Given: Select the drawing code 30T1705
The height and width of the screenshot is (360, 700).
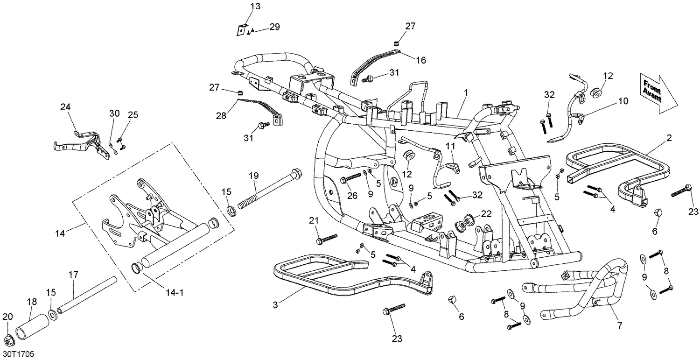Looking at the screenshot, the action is (x=19, y=354).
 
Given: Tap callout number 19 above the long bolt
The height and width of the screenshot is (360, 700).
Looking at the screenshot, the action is (x=254, y=176).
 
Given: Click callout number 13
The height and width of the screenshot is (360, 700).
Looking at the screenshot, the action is (x=255, y=6).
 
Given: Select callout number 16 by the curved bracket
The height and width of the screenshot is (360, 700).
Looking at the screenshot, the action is (x=421, y=60).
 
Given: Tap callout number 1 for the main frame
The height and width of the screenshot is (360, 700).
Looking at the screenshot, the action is (x=466, y=93).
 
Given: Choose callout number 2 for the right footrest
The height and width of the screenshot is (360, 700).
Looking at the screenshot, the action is (x=669, y=138).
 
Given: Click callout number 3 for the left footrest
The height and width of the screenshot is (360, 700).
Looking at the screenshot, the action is (x=275, y=305).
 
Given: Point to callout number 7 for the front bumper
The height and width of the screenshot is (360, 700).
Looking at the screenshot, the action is (x=620, y=325).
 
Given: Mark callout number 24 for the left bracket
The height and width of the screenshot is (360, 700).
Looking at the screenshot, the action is (x=65, y=107).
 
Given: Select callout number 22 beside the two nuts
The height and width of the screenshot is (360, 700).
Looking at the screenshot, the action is (x=486, y=214).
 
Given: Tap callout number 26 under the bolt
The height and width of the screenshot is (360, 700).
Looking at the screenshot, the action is (x=352, y=196).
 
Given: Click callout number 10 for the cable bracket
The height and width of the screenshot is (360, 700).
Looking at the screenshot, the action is (x=623, y=101).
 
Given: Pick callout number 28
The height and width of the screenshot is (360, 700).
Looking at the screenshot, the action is (x=221, y=116).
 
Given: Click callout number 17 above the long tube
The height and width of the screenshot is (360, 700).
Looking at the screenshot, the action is (x=73, y=275).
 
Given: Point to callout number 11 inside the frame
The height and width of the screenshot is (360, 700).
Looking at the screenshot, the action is (x=450, y=146).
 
